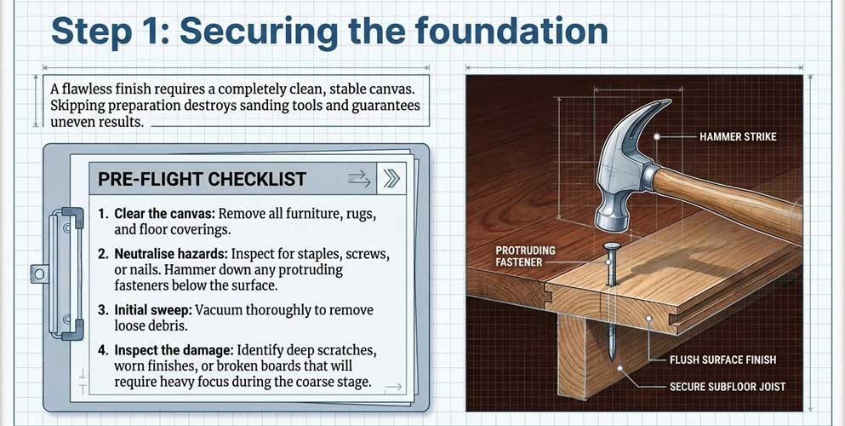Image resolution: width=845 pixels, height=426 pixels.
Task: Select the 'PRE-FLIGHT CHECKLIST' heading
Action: (x=202, y=179)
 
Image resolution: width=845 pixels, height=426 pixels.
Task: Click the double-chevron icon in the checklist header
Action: (x=391, y=178)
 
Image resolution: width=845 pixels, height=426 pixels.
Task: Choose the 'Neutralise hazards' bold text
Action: (x=173, y=255)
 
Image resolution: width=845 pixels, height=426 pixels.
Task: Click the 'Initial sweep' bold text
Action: (x=156, y=310)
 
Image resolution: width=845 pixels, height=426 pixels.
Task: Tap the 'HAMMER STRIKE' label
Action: (x=737, y=136)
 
